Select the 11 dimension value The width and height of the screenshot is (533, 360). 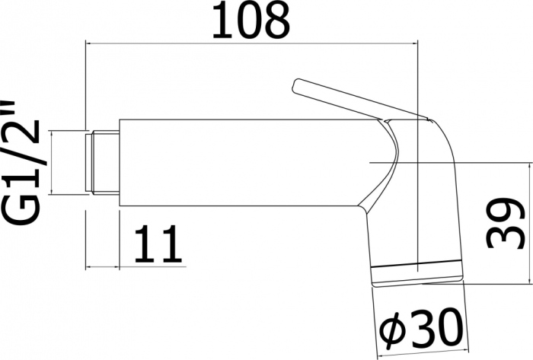click(x=160, y=243)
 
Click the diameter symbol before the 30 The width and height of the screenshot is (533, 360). click(x=394, y=332)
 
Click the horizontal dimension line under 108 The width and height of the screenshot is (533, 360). click(x=251, y=44)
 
